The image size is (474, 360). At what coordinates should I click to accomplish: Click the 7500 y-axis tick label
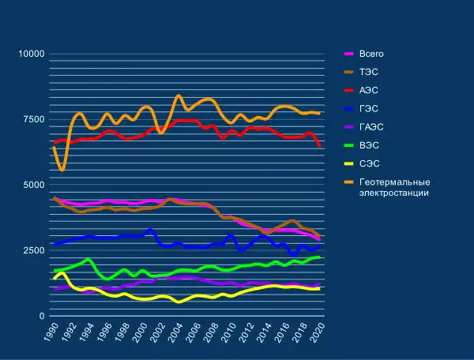(x=34, y=119)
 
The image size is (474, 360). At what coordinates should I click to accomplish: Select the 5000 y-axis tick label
(x=34, y=185)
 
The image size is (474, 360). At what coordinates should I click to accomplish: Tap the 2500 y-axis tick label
(x=34, y=250)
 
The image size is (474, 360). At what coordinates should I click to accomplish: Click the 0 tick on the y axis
(x=42, y=316)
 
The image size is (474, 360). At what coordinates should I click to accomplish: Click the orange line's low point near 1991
(x=62, y=170)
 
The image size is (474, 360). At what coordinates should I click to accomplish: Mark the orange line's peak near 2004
(x=179, y=96)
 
